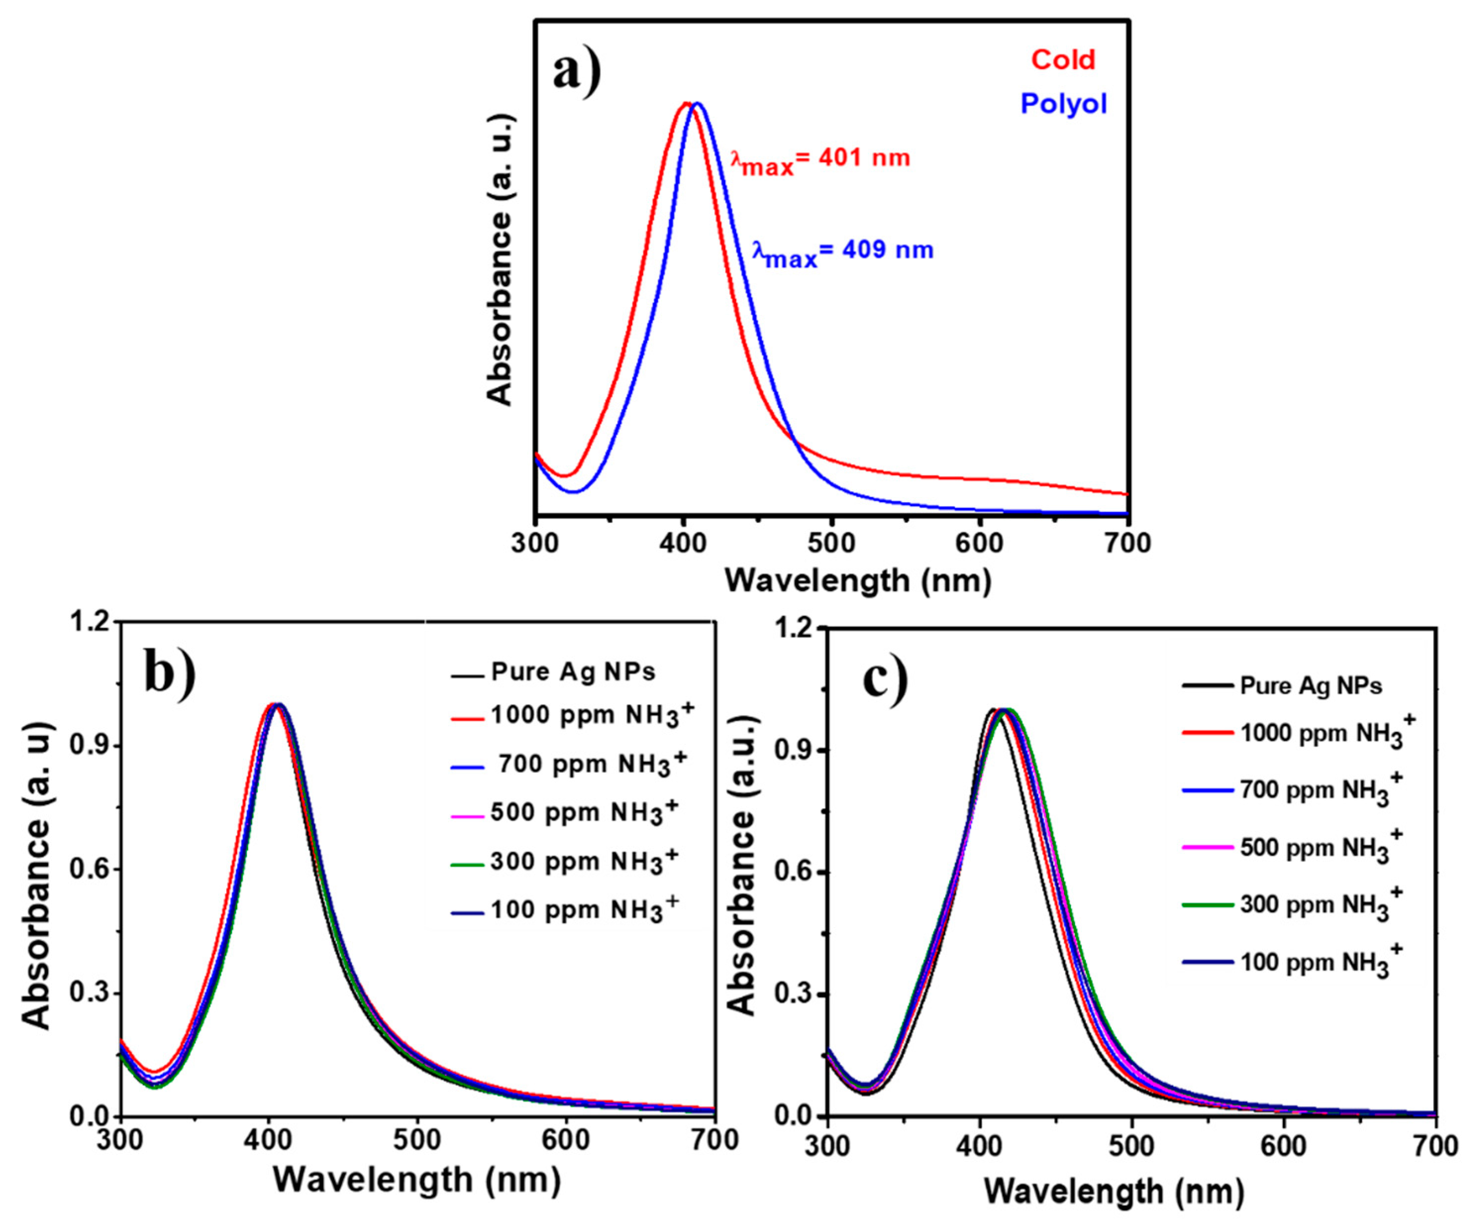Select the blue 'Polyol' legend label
point(1063,103)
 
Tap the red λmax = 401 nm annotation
point(820,159)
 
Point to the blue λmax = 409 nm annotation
point(843,252)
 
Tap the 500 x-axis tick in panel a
point(831,543)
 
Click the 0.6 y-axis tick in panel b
point(89,869)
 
